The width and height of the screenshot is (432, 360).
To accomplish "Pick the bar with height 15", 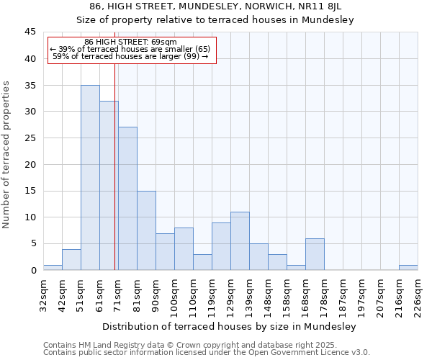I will tap(146, 230).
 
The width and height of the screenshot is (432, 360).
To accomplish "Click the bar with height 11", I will tap(240, 240).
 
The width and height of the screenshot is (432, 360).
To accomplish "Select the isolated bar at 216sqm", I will tap(408, 267).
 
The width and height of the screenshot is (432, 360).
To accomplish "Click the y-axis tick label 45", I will tap(30, 32).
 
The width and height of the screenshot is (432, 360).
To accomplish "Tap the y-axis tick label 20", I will tap(30, 164).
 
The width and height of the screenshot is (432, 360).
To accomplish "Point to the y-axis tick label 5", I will tap(33, 243).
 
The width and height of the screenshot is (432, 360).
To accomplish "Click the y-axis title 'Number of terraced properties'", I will tap(7, 154).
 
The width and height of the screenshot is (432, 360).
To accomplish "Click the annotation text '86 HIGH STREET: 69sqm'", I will tap(130, 42).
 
